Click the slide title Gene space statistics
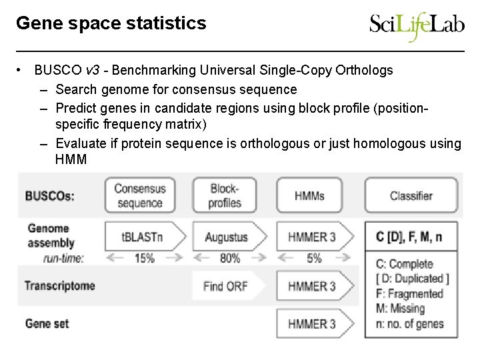[111, 23]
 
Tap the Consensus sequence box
[139, 196]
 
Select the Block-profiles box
[225, 196]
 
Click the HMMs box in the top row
[310, 196]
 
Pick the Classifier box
[411, 196]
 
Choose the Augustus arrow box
[227, 237]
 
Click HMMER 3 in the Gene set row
[312, 324]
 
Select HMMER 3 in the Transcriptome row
[312, 286]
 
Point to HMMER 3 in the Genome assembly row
[312, 237]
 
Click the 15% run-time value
[145, 257]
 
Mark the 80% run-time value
[229, 257]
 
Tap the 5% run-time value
[314, 257]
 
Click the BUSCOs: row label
[50, 196]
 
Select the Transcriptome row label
[60, 286]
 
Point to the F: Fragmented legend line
[409, 293]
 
